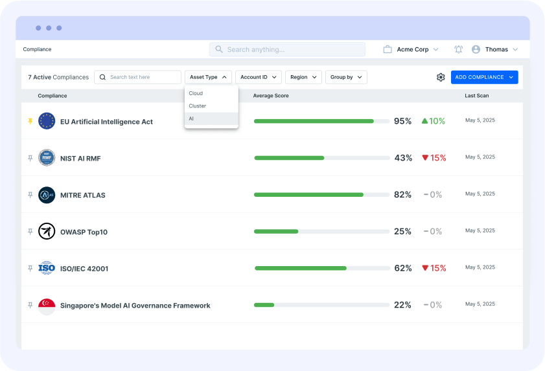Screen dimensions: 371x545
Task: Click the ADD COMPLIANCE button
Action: (484, 77)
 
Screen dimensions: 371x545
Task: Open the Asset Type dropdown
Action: (207, 77)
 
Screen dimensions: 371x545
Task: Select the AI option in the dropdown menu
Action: (211, 119)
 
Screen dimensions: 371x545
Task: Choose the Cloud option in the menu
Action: (211, 93)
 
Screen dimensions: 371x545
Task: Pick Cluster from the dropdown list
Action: (211, 106)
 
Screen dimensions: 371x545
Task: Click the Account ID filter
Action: (258, 77)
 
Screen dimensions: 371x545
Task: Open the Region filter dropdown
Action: (303, 77)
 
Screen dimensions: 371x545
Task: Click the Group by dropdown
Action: (346, 77)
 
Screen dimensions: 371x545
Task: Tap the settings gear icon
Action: (441, 77)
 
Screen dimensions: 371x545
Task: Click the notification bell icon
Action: (459, 49)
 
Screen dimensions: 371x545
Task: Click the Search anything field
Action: (287, 49)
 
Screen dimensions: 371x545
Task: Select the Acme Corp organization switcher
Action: (411, 49)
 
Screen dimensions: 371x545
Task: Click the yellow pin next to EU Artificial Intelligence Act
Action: (30, 121)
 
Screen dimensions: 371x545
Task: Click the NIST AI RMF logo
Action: (47, 158)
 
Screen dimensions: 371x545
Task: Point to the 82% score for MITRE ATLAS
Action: (402, 195)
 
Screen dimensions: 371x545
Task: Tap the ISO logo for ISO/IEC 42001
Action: (47, 268)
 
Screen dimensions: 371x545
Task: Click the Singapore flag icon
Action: (47, 306)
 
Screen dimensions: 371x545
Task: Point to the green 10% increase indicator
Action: (433, 121)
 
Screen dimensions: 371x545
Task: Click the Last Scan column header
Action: (476, 96)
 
